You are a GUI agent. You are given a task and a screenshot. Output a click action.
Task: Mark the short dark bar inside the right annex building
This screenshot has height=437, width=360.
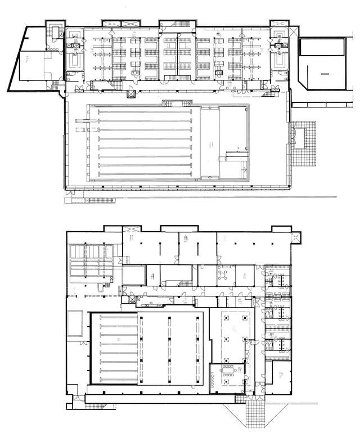[324, 74]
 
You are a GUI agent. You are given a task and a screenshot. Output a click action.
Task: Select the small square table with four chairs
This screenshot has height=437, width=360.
[222, 275]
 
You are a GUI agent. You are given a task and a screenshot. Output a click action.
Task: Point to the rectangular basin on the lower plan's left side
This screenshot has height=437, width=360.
[73, 323]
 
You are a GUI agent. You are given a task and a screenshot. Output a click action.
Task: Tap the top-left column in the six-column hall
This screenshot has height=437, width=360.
[228, 318]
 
